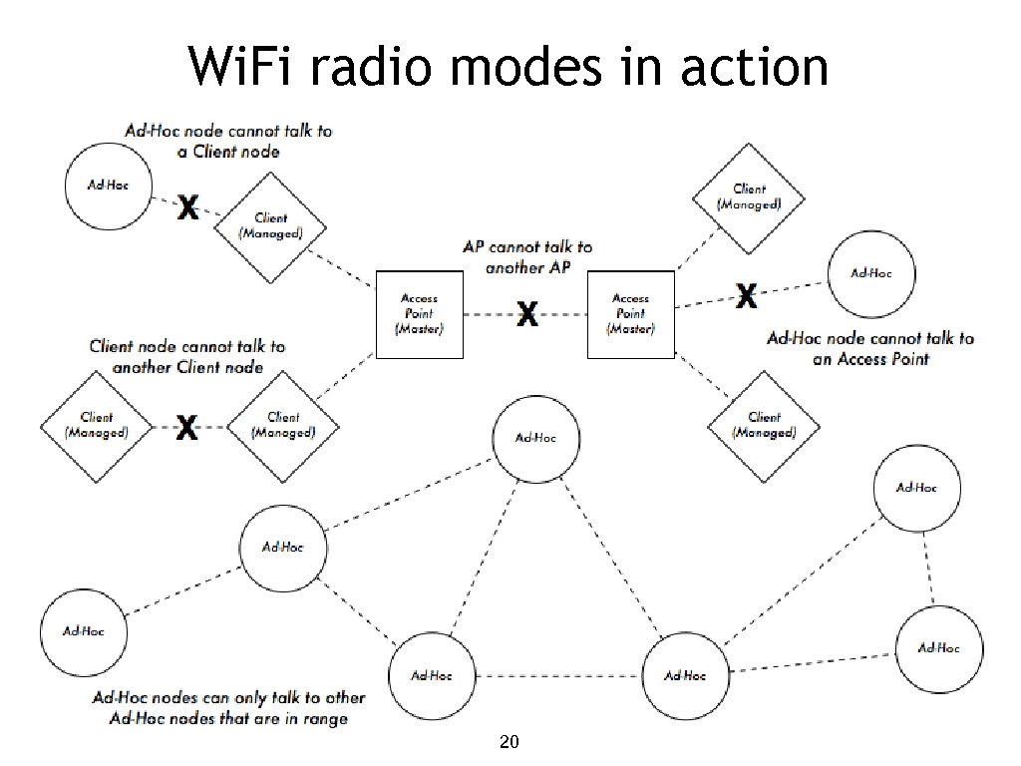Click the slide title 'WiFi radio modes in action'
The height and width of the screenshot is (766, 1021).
pos(509,68)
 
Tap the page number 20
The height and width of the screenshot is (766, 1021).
pos(509,742)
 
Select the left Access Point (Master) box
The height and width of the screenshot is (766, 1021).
pos(419,314)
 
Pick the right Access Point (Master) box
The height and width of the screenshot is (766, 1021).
pos(630,314)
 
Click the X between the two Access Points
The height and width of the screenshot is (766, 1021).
pos(526,316)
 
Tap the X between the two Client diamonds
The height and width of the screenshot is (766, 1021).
pos(186,430)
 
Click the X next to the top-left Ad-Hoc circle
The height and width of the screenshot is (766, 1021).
pos(186,208)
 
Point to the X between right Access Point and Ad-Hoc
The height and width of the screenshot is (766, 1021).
pos(746,294)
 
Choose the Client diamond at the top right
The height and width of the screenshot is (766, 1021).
pos(749,196)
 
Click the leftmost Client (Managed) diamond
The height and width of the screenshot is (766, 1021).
pos(97,426)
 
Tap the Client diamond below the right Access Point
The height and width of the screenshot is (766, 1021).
pos(764,426)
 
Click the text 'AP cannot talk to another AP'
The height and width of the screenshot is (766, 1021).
pos(528,257)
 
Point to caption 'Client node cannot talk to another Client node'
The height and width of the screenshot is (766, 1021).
pos(186,356)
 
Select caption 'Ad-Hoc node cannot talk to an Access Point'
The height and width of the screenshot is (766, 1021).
pos(869,348)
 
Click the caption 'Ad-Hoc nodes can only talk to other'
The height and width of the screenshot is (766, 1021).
pos(228,698)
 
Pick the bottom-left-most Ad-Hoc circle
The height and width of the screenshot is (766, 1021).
pos(83,630)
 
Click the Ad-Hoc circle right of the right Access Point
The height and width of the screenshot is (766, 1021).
pos(870,272)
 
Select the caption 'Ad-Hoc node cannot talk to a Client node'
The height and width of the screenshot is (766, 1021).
pos(228,141)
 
